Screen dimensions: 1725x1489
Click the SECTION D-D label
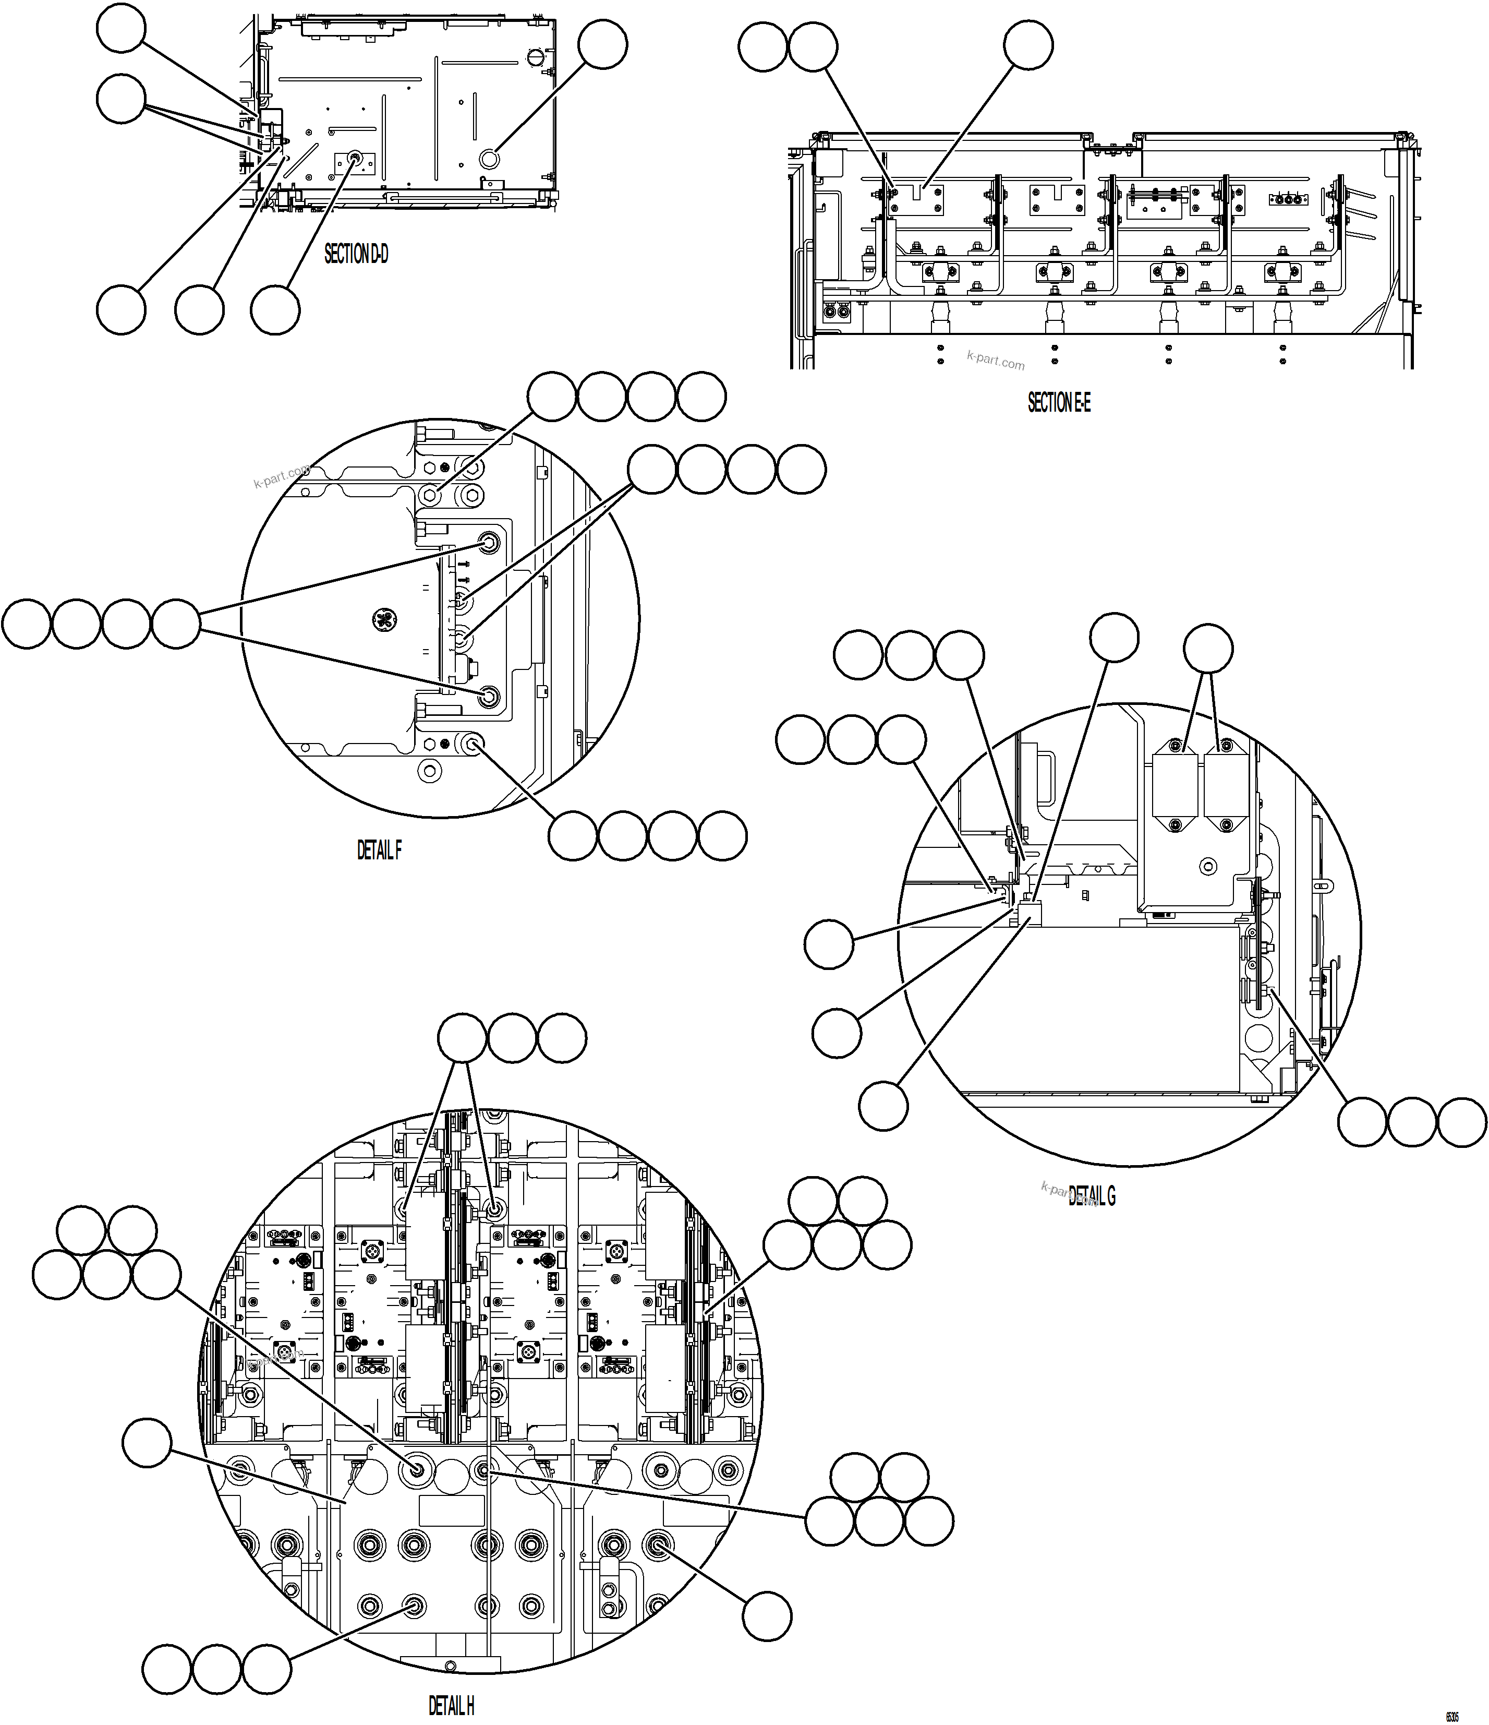[x=356, y=254]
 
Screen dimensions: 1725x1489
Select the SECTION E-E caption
[x=1059, y=403]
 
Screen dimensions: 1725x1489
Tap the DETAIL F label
[x=380, y=850]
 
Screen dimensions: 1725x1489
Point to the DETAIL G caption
[x=1092, y=1196]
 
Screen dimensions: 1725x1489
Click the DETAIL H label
[x=451, y=1705]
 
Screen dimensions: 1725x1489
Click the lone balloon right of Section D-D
[x=602, y=45]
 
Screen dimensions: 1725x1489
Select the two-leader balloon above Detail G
[x=1208, y=649]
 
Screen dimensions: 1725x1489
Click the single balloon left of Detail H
[x=147, y=1443]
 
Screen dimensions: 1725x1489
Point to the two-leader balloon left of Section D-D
[x=122, y=98]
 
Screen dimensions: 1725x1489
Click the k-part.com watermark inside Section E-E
[x=996, y=360]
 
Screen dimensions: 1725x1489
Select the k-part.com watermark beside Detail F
[x=281, y=477]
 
